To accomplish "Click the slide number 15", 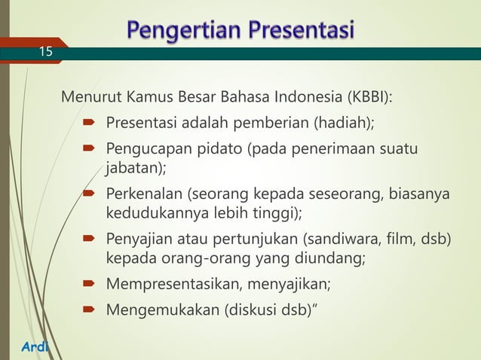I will pos(47,52).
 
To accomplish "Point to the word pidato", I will pos(220,147).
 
